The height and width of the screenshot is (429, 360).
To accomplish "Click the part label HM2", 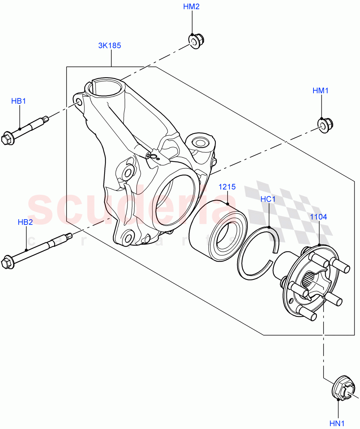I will point(191,7).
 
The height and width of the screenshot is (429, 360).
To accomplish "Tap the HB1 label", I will point(19,101).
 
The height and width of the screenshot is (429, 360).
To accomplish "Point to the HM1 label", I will point(321,91).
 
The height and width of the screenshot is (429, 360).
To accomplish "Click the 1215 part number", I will point(227,187).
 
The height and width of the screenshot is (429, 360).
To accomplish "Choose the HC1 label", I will point(268,199).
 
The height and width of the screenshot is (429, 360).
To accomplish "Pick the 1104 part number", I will point(318,217).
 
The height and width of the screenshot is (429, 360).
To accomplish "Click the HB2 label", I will point(25,222).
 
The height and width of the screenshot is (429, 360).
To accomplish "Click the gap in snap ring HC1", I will point(273,256).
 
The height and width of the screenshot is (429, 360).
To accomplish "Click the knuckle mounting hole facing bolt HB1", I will point(79,103).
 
